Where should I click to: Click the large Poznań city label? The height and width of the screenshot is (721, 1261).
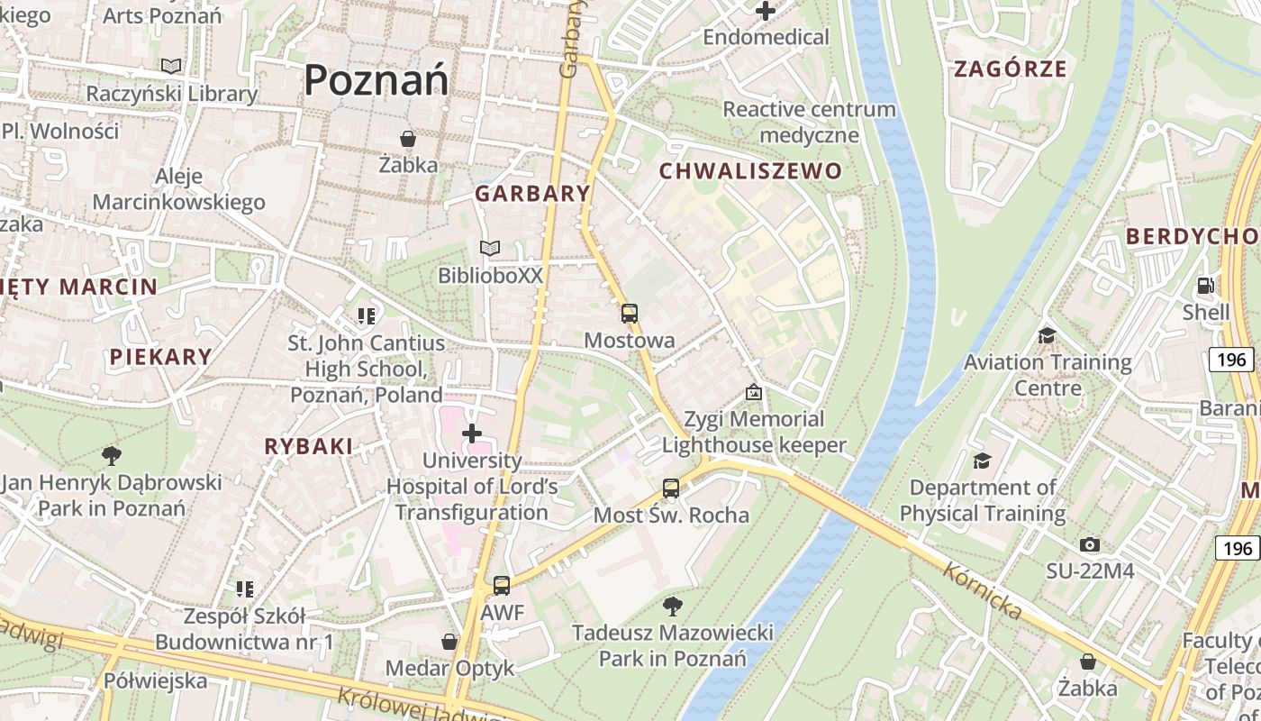[x=376, y=80]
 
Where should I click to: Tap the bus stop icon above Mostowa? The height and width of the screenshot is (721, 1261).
[x=629, y=314]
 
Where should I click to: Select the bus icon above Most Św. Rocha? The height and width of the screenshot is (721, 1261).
[x=671, y=488]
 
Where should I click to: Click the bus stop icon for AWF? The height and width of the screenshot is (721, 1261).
[x=502, y=586]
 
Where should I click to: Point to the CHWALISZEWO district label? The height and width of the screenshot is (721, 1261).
[x=750, y=171]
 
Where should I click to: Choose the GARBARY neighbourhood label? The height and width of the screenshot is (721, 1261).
[x=532, y=194]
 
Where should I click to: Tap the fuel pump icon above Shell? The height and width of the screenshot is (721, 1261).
[x=1205, y=287]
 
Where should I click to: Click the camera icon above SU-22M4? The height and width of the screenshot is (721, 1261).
[x=1089, y=545]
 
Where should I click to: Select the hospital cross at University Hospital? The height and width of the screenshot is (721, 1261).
[x=472, y=434]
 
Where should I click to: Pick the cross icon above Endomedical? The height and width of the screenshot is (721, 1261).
[x=766, y=12]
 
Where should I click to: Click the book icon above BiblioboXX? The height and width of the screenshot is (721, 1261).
[x=490, y=248]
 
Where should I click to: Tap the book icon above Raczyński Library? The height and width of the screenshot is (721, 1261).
[x=171, y=66]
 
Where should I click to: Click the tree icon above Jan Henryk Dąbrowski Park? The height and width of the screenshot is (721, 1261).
[x=112, y=456]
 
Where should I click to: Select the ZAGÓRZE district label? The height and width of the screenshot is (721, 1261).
[x=1010, y=68]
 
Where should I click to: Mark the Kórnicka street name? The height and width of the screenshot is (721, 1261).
[x=983, y=591]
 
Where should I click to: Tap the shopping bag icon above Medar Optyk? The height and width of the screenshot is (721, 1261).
[x=449, y=642]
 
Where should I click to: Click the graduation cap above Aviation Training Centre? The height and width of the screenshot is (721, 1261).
[x=1047, y=336]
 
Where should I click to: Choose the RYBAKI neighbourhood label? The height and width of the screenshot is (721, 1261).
[x=308, y=446]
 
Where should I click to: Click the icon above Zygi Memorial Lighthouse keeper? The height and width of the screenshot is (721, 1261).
[x=754, y=393]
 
